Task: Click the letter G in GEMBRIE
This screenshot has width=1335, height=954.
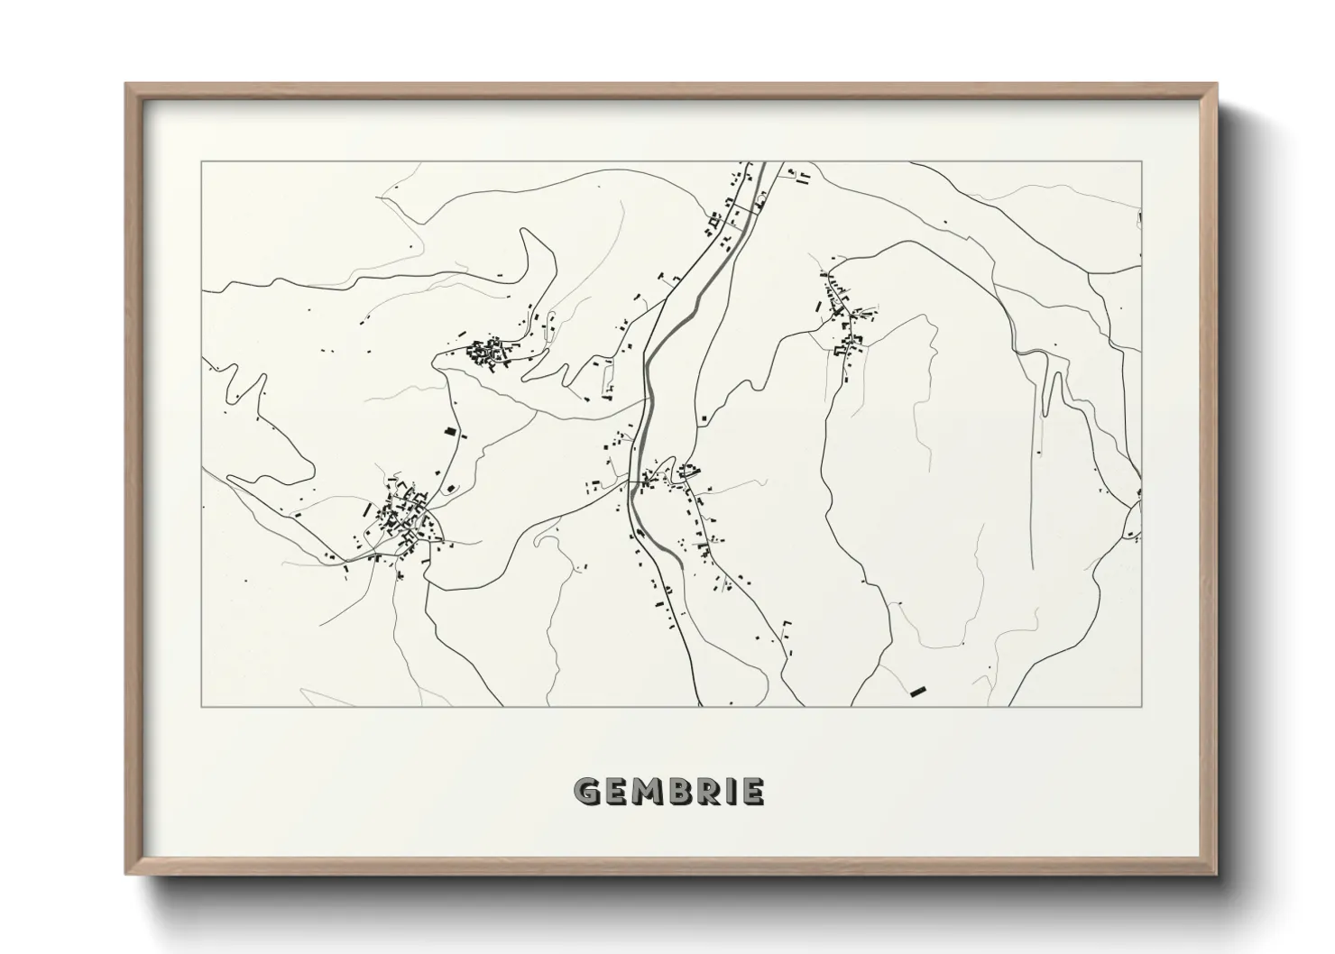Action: tap(587, 792)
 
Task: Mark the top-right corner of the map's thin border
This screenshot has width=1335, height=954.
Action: tap(1142, 162)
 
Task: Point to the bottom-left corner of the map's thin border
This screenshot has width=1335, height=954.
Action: tap(202, 706)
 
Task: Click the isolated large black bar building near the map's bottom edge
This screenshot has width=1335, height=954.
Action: tap(918, 692)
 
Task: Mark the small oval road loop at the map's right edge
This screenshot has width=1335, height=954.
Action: tap(1133, 521)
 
